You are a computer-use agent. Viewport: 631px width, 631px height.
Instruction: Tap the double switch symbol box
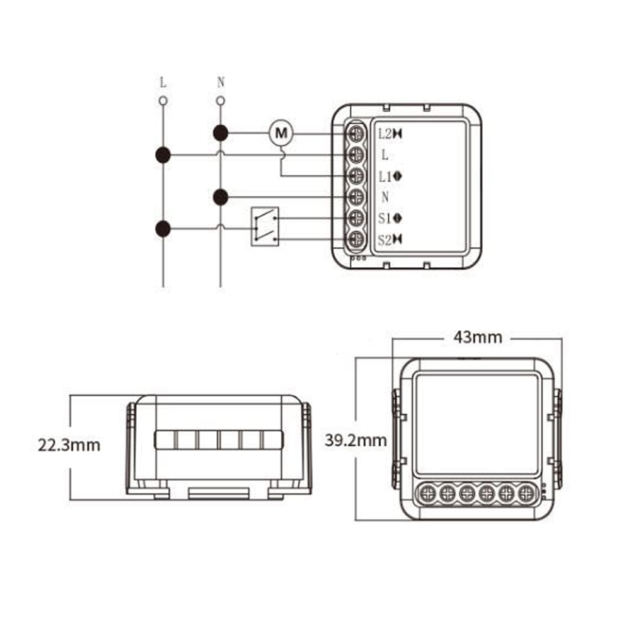pos(264,226)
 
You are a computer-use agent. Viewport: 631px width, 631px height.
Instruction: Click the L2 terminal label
pos(390,134)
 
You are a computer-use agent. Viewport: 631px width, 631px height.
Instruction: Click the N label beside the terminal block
pos(385,197)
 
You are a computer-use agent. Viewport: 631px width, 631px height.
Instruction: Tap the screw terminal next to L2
pos(357,134)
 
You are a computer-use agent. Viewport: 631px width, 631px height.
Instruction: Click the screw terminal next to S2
pos(357,239)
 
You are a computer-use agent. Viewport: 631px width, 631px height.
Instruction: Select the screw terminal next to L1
pos(357,176)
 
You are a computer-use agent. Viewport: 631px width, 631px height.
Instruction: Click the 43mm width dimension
pos(478,338)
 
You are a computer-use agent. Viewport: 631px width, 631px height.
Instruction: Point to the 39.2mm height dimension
pos(356,440)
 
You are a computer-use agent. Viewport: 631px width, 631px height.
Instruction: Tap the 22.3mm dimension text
pos(69,445)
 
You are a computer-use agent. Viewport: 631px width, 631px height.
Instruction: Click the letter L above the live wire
pos(163,83)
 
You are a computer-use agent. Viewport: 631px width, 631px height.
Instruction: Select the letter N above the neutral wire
pos(220,83)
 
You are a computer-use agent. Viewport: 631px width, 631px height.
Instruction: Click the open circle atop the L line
pos(163,100)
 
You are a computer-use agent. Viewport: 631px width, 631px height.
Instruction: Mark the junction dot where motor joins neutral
pos(220,133)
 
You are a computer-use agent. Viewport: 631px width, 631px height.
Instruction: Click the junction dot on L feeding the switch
pos(163,229)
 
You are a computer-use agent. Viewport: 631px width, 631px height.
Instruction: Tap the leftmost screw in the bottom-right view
pos(429,492)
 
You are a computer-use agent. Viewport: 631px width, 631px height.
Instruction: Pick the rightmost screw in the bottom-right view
pos(524,492)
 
